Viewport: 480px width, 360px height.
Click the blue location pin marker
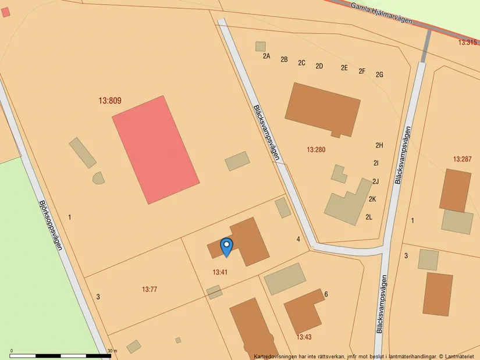pos(226,247)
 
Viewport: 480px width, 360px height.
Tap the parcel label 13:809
pos(110,101)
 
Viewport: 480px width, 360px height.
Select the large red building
pos(155,149)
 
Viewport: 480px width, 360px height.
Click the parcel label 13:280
pos(316,150)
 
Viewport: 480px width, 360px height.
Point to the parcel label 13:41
pos(220,272)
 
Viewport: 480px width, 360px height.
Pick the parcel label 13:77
pos(150,289)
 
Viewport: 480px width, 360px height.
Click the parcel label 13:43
pos(304,337)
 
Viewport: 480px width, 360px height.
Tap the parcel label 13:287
pos(462,159)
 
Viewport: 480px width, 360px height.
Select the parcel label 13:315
pos(467,42)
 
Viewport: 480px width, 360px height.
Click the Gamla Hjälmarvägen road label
pos(382,12)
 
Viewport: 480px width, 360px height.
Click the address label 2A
pos(266,56)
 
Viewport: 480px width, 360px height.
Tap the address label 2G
pos(379,75)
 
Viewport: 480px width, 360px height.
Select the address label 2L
pos(369,218)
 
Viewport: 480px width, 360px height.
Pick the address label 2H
pos(379,145)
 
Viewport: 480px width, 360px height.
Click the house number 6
pos(326,294)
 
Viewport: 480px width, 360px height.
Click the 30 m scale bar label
pos(112,351)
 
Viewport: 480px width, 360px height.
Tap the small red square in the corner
pos(5,12)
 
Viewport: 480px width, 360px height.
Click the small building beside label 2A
pos(260,47)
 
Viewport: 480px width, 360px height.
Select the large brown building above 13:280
pos(322,109)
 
